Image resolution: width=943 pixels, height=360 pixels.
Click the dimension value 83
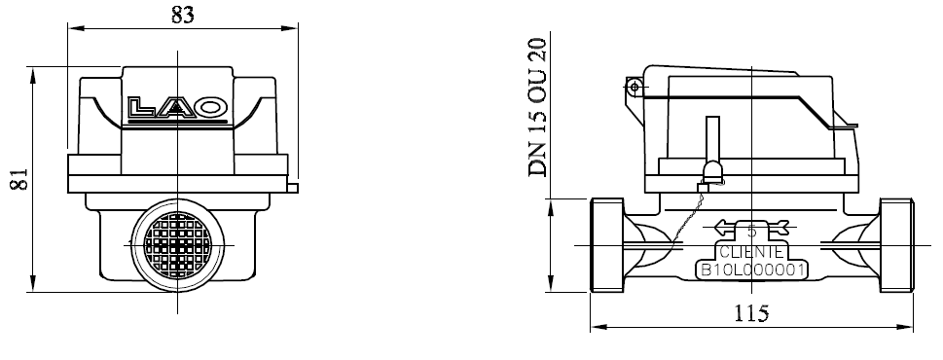click(183, 14)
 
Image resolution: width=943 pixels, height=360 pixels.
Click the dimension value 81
click(19, 179)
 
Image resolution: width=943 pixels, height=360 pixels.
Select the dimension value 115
click(751, 313)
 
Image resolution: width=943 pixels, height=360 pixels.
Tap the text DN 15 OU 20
click(537, 107)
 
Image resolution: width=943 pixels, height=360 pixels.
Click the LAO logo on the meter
click(178, 108)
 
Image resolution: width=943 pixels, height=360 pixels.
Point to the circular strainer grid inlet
click(178, 246)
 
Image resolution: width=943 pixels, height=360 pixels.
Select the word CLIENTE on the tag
click(751, 252)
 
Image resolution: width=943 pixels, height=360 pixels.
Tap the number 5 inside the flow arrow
click(751, 232)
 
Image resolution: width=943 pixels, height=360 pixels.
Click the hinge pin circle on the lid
click(634, 88)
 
